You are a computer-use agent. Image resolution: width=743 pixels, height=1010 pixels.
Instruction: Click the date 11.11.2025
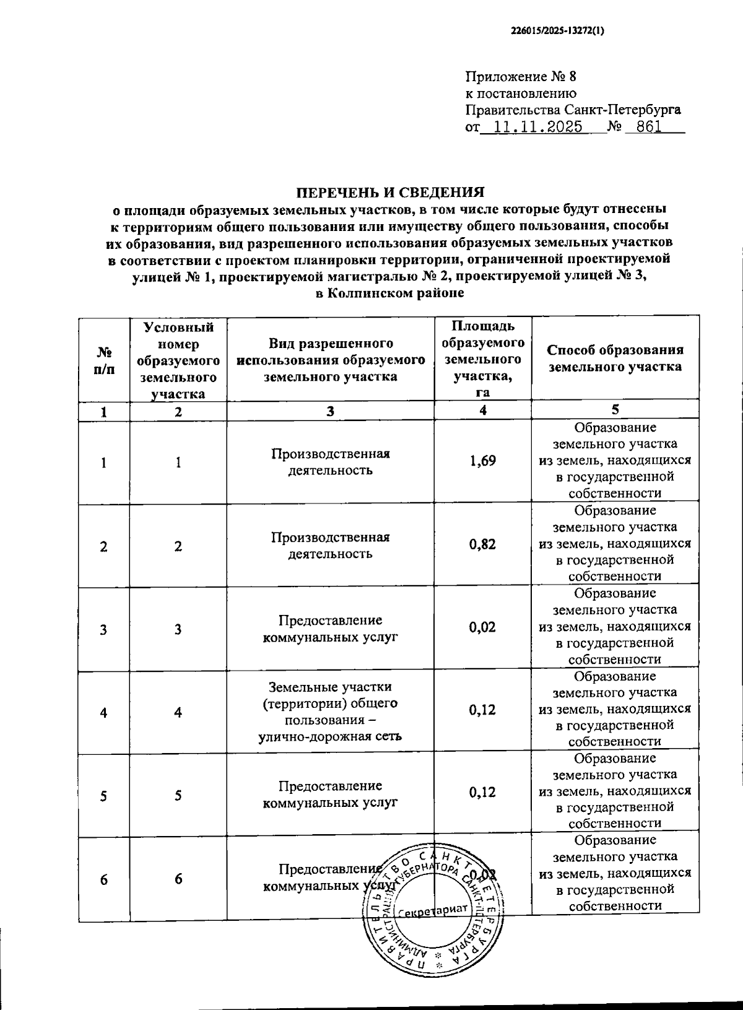pos(533,127)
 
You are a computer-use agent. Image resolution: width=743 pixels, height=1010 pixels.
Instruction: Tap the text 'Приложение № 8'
pos(520,77)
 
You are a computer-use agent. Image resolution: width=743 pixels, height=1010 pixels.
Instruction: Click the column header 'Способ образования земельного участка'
pos(615,358)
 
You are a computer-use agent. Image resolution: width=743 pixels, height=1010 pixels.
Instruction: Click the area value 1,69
pos(482,461)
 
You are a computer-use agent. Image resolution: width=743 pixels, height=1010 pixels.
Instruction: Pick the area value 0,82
pos(482,544)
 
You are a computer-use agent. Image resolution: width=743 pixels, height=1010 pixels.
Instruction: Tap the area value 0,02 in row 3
pos(482,627)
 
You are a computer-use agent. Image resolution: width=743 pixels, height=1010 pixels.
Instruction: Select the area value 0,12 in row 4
pos(482,710)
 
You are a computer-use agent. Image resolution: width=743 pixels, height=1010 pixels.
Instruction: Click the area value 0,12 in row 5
pos(482,793)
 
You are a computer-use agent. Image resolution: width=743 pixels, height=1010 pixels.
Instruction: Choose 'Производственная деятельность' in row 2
pos(330,545)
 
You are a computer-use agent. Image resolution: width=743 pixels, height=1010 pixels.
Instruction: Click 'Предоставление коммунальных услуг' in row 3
pos(330,628)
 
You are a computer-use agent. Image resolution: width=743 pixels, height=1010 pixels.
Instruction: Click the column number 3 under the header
pos(330,411)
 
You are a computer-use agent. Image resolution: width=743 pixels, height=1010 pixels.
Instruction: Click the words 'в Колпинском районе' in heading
pos(389,294)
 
